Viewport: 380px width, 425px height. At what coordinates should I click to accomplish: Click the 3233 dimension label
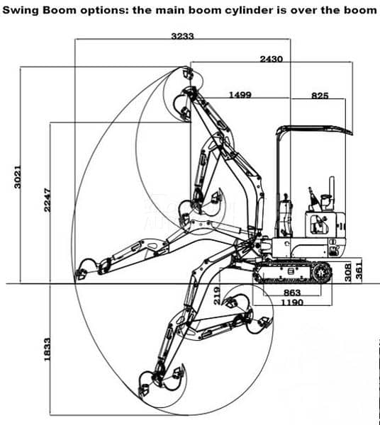(x=182, y=36)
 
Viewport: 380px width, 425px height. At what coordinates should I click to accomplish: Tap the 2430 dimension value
(x=272, y=59)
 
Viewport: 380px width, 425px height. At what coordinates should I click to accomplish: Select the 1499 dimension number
(x=240, y=95)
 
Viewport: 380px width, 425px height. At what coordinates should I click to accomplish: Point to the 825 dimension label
(x=320, y=96)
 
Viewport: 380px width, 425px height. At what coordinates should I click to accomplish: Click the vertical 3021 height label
(x=17, y=176)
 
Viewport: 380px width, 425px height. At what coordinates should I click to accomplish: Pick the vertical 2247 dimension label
(x=47, y=200)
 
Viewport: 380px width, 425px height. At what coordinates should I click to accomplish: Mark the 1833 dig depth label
(x=47, y=349)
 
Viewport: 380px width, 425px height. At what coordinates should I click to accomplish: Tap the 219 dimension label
(x=217, y=296)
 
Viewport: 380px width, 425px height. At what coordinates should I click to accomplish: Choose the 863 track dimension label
(x=292, y=293)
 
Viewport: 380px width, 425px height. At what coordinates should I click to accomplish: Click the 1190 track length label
(x=292, y=302)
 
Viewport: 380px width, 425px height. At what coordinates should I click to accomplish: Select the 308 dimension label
(x=348, y=272)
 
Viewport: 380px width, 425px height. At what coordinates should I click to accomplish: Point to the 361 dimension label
(x=359, y=271)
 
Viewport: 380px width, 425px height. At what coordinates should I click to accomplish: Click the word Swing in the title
(x=21, y=11)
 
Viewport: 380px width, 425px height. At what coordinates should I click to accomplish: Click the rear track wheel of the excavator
(x=322, y=273)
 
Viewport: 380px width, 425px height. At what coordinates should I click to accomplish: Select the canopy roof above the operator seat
(x=315, y=130)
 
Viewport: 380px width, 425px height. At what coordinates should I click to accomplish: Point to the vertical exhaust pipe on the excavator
(x=332, y=193)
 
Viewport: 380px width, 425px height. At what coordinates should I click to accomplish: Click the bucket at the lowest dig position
(x=145, y=389)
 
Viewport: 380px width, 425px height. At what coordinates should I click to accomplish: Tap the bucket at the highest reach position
(x=188, y=72)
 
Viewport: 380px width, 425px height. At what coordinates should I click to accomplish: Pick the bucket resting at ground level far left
(x=80, y=274)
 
